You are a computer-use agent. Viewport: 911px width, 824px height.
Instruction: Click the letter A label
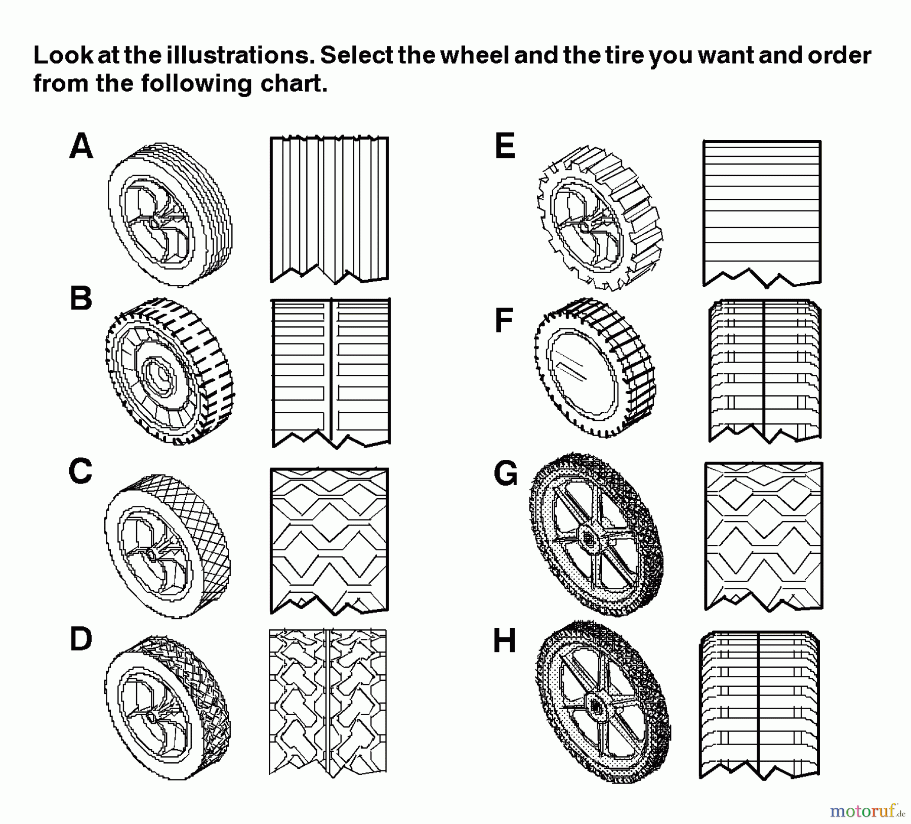[81, 146]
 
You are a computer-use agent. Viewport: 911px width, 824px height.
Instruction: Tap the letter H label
[504, 641]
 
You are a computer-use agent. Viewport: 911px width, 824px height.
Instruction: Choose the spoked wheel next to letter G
[595, 534]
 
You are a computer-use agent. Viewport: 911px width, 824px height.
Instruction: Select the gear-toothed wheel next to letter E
[600, 219]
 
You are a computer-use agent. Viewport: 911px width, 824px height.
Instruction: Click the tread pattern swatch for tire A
[329, 209]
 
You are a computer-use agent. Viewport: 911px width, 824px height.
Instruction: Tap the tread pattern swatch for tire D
[328, 703]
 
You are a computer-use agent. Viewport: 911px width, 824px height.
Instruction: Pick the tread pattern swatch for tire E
[762, 213]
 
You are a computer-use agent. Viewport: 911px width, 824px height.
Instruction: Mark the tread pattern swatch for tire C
[329, 541]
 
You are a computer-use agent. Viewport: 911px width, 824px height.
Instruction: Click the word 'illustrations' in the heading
[237, 56]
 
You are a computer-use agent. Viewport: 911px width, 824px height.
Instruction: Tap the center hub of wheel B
[161, 375]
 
